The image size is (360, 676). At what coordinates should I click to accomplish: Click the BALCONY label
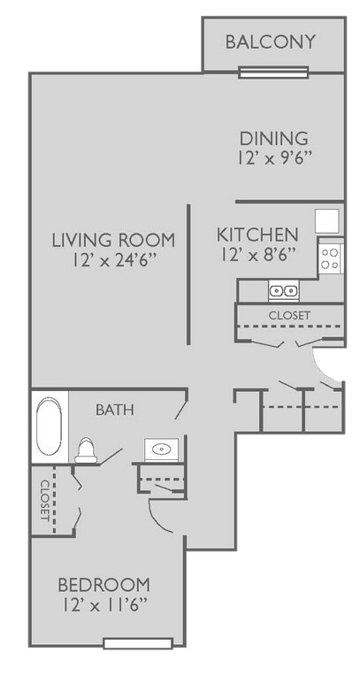click(x=271, y=42)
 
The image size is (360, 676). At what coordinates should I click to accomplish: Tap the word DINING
click(x=274, y=139)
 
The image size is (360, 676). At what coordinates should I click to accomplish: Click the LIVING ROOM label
click(x=112, y=240)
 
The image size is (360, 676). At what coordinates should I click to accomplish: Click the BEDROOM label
click(x=103, y=586)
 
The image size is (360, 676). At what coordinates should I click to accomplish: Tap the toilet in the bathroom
click(x=86, y=450)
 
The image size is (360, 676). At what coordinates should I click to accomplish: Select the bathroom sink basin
click(x=162, y=449)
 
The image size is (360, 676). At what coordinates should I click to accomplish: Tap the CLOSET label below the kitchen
click(x=289, y=315)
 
